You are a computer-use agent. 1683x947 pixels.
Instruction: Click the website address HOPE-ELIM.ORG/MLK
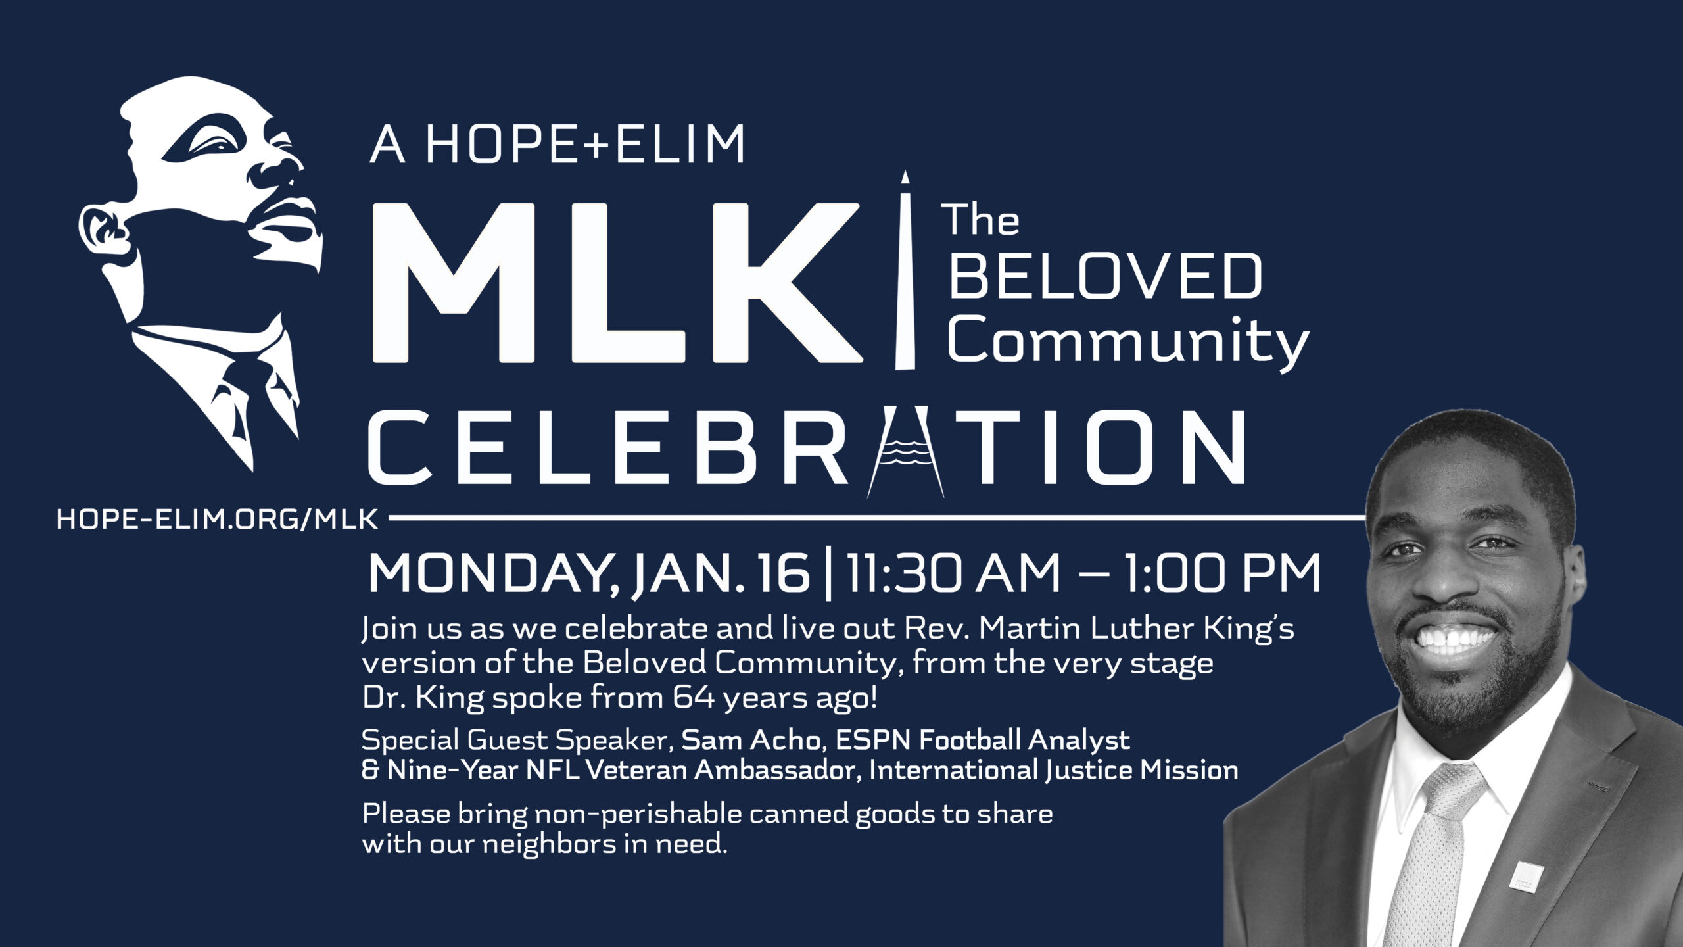[x=218, y=520]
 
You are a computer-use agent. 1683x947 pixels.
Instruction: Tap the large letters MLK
[x=617, y=283]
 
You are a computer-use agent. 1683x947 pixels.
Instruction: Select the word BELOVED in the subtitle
[x=1104, y=277]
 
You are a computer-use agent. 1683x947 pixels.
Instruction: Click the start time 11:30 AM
[x=953, y=574]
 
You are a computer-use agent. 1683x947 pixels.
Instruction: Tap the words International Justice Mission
[x=1053, y=770]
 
